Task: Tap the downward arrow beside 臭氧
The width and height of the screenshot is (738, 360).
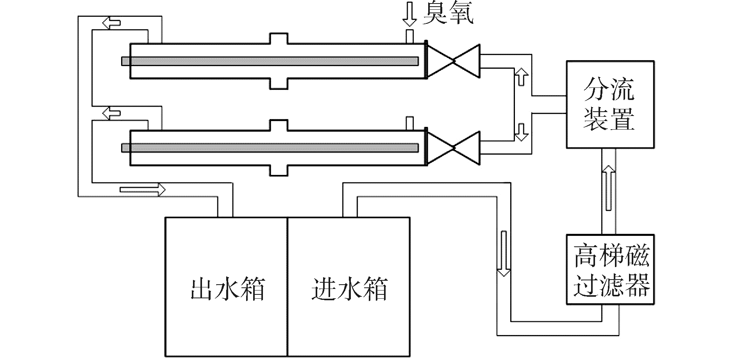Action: [x=410, y=14]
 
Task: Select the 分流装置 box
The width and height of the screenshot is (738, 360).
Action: [x=610, y=104]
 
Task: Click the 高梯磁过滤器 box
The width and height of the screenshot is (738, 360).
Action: [x=610, y=269]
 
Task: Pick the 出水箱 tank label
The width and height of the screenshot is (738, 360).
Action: [x=228, y=289]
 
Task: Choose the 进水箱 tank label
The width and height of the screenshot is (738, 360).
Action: [x=349, y=289]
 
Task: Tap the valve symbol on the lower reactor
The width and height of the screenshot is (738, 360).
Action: [x=453, y=148]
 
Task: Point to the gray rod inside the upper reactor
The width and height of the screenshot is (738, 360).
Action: [x=270, y=61]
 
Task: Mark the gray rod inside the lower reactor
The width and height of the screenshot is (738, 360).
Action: [x=270, y=148]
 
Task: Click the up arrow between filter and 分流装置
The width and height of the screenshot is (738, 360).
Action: [x=609, y=187]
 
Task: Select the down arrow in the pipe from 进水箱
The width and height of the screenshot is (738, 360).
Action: [x=504, y=253]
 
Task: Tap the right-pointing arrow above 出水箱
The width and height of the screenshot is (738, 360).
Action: [x=143, y=190]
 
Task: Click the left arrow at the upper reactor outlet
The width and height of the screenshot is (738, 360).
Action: [x=111, y=23]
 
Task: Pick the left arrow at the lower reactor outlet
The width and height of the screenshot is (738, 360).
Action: [x=111, y=113]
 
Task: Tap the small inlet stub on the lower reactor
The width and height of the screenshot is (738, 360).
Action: [x=410, y=123]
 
